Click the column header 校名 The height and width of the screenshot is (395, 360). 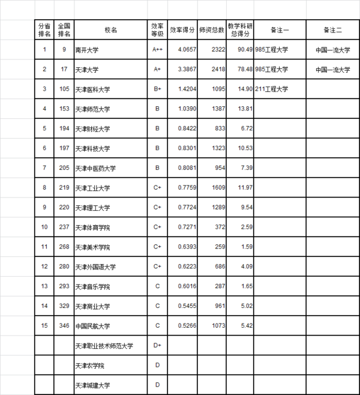point(111,29)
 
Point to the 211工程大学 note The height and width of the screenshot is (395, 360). point(272,89)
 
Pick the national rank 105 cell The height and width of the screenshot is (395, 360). point(64,89)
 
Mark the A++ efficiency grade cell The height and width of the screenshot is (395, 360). point(158,50)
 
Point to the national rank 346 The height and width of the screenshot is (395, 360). point(64,325)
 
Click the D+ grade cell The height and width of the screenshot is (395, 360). point(158,345)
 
